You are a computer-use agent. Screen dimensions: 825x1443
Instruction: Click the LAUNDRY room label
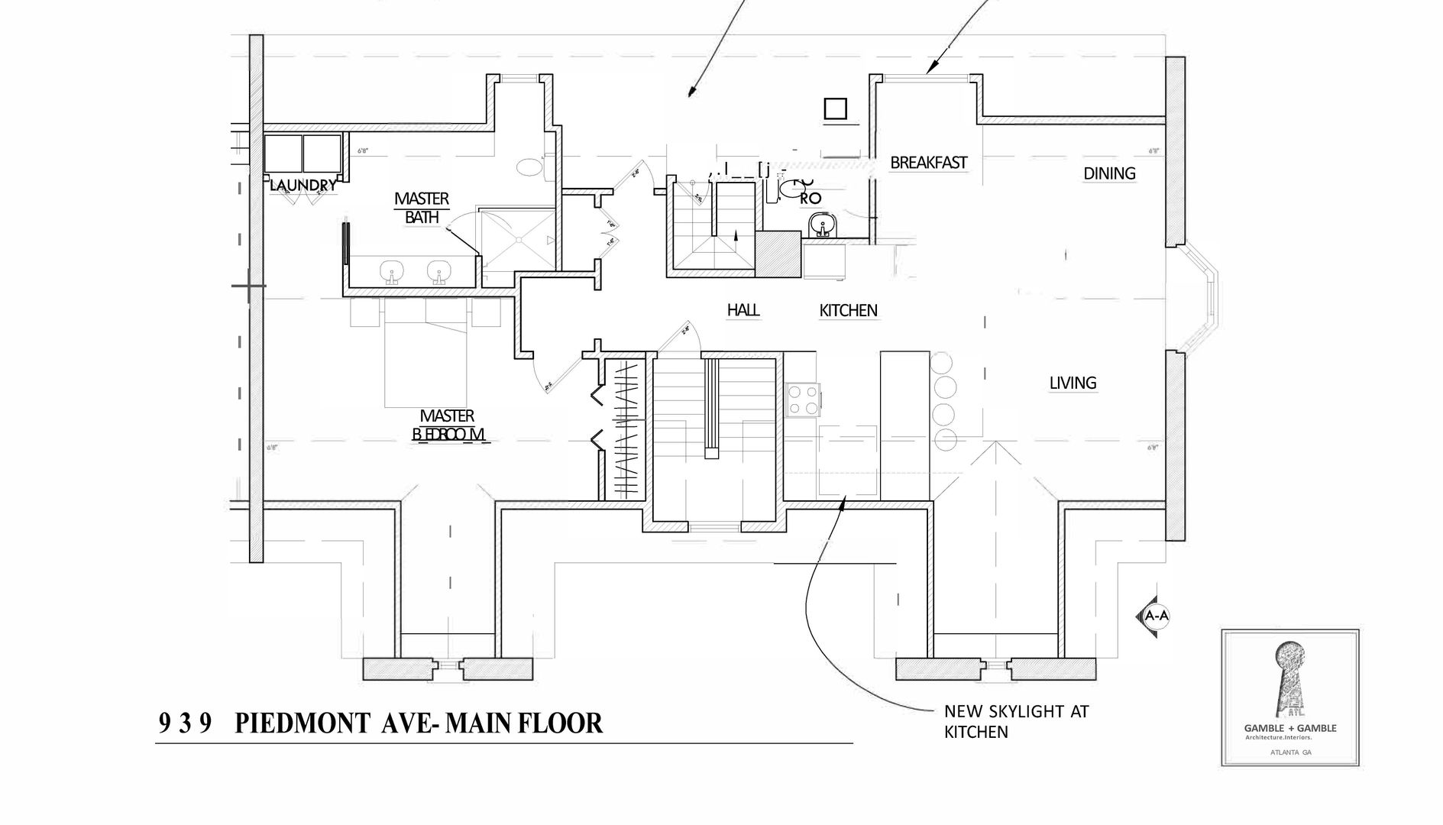point(303,185)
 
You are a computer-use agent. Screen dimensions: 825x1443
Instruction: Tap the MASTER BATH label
point(422,208)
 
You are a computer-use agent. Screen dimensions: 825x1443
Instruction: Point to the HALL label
point(743,310)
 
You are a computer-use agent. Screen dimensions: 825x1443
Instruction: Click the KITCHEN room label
point(848,311)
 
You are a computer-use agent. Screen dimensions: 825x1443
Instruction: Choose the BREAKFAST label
point(928,163)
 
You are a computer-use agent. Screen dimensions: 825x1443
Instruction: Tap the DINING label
point(1109,173)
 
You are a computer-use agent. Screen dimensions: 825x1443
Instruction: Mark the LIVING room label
point(1073,383)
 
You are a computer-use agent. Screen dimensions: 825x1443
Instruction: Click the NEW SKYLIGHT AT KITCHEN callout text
point(1016,721)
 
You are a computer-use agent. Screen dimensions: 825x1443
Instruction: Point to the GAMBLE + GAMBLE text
point(1290,728)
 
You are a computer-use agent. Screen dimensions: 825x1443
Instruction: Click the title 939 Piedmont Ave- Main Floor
point(380,723)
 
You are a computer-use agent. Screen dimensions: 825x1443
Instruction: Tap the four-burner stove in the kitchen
point(804,400)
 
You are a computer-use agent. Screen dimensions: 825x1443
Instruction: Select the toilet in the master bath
point(530,167)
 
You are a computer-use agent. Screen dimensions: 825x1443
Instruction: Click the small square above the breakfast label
point(836,109)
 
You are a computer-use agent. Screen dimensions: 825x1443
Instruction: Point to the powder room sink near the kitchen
point(822,224)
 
